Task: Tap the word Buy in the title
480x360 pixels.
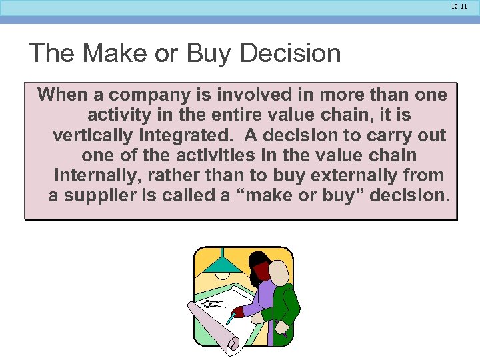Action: tap(210, 53)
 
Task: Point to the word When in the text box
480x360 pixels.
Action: tap(63, 95)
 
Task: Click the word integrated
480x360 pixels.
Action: tap(186, 135)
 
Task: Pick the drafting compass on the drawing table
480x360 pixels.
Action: tap(213, 304)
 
